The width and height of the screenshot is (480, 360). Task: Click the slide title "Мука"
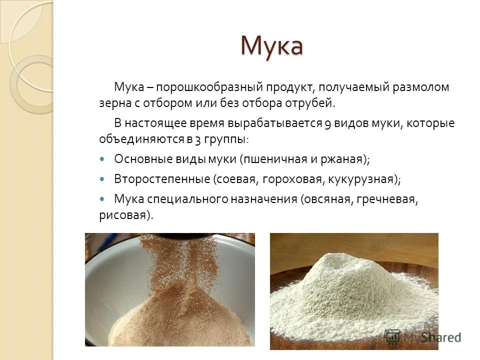click(x=272, y=46)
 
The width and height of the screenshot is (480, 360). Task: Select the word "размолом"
click(x=421, y=87)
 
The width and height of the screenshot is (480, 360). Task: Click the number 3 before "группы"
click(x=198, y=140)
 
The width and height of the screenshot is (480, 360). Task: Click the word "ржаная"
click(x=343, y=159)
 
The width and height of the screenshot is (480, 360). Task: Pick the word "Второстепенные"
click(x=162, y=179)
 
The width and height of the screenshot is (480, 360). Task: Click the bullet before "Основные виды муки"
click(x=102, y=159)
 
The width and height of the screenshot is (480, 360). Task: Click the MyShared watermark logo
click(x=422, y=337)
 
